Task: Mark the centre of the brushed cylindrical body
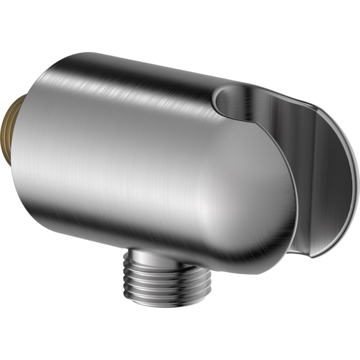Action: click(x=149, y=154)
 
